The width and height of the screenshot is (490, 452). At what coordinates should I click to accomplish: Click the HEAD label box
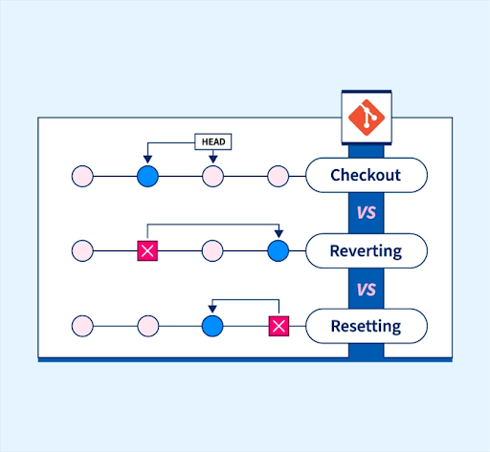(213, 141)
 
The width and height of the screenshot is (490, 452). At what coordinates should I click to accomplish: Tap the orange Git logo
(367, 118)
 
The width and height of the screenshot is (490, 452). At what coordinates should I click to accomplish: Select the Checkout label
(367, 175)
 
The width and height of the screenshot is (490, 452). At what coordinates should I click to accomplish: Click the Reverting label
(367, 250)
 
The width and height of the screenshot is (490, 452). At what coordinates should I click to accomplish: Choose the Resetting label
(367, 326)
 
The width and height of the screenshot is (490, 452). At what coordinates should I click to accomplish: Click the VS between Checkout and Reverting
(367, 213)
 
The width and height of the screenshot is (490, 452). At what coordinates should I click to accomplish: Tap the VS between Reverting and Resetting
(367, 290)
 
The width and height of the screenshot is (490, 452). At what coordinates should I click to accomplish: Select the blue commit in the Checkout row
(147, 176)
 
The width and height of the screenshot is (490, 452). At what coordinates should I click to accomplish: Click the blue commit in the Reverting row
(278, 250)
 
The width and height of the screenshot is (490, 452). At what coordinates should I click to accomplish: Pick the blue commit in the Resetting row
(212, 326)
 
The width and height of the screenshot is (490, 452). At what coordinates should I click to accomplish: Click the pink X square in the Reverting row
(147, 250)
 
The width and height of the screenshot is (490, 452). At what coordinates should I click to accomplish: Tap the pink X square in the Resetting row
(278, 326)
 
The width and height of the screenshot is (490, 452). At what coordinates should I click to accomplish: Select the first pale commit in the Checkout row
(82, 176)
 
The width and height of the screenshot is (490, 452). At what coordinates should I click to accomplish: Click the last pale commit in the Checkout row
(278, 176)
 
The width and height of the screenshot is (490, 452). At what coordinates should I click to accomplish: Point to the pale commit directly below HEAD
(213, 176)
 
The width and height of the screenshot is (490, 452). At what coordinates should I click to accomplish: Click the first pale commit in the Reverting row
(82, 250)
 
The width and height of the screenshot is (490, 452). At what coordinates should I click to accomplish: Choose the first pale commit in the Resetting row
(82, 326)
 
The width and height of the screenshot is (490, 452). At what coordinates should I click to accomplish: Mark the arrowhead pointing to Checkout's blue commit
(147, 160)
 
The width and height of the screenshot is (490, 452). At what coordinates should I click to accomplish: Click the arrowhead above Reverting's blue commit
(278, 234)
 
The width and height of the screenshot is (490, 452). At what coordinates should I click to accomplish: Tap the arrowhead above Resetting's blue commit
(212, 309)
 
